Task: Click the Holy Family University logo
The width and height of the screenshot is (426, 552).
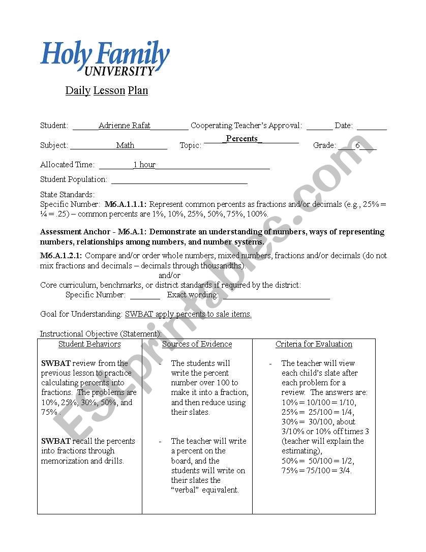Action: (105, 58)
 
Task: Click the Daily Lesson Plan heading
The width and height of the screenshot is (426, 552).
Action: (106, 90)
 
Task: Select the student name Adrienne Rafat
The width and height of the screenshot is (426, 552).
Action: (125, 126)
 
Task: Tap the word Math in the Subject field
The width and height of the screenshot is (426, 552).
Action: (125, 145)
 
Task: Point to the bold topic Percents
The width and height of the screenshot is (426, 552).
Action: (242, 138)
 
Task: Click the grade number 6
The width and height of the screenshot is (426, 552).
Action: (357, 145)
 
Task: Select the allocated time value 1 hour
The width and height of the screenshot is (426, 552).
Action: (144, 165)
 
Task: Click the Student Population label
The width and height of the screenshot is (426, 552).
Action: (74, 179)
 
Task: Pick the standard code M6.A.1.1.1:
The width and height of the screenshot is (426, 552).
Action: (126, 204)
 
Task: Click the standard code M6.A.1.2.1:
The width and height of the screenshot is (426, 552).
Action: (61, 256)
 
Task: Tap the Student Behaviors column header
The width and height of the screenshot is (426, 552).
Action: (89, 344)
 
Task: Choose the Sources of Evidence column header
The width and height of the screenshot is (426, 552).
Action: (197, 344)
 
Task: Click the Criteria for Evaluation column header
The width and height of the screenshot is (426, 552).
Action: (314, 344)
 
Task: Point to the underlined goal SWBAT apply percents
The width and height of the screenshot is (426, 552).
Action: (188, 314)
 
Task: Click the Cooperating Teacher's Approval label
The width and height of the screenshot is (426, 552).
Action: (246, 126)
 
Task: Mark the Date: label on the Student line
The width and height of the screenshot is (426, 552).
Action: (344, 126)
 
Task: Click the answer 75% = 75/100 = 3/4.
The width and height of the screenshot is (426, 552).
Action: (316, 471)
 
